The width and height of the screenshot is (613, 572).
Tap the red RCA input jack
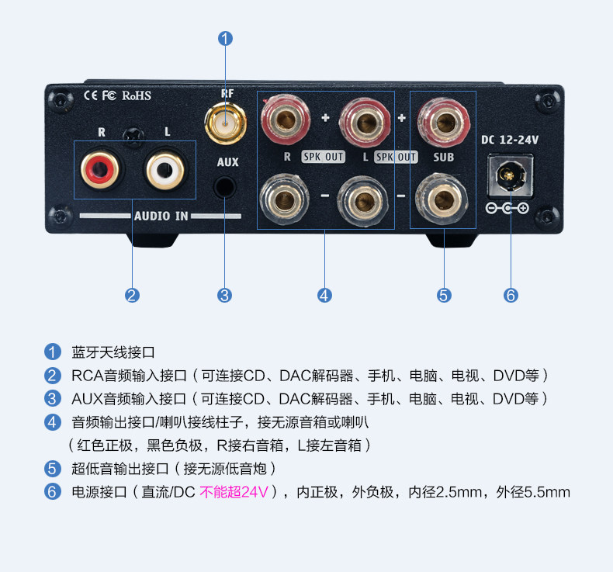(x=99, y=167)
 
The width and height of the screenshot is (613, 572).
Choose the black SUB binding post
(x=443, y=200)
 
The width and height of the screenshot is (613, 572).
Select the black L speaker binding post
(x=362, y=200)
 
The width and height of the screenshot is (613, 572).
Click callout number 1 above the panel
(x=225, y=37)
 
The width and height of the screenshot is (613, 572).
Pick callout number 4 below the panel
(x=325, y=295)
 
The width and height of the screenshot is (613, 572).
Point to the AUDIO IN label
(x=161, y=217)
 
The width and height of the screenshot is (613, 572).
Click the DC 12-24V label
(x=510, y=140)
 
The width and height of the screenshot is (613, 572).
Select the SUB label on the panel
(x=444, y=157)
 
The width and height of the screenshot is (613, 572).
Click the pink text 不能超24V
(x=234, y=492)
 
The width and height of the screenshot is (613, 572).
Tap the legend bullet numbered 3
(x=53, y=399)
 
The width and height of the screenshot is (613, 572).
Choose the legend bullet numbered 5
(x=53, y=469)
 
